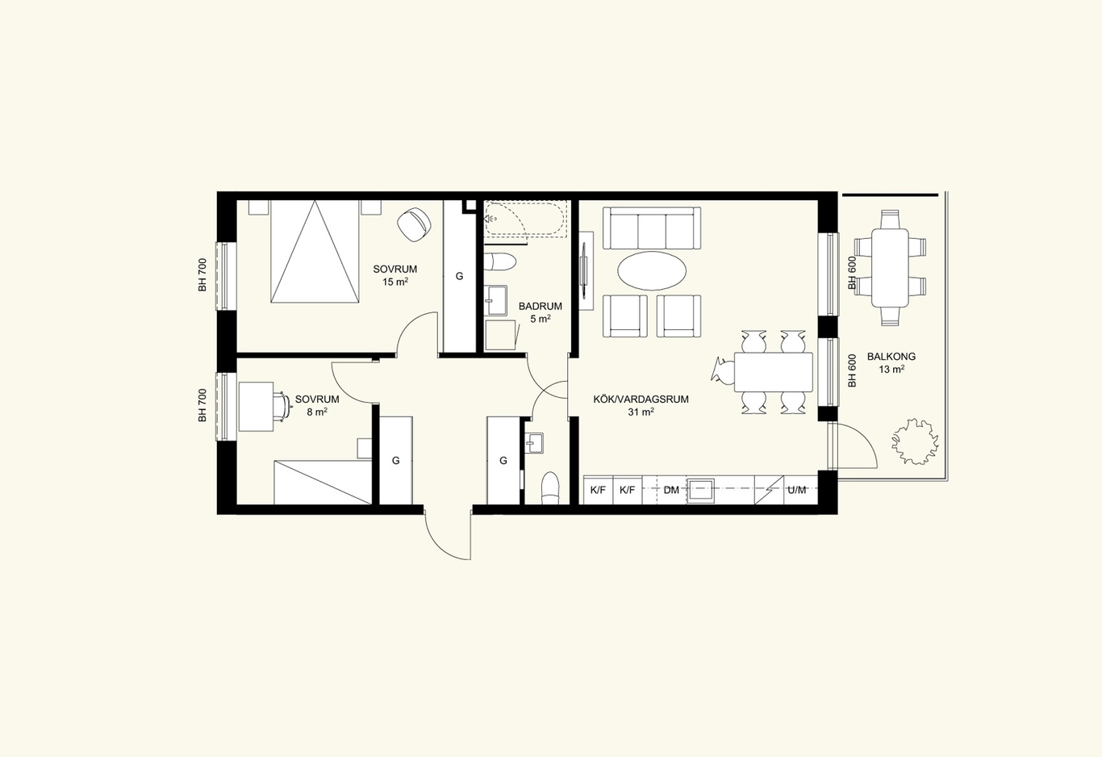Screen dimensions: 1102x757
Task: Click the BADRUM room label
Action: tap(541, 306)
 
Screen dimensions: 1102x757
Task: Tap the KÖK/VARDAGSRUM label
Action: tap(641, 399)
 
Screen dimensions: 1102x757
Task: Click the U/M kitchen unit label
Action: tap(797, 490)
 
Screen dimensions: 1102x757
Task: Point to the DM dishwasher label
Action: tap(671, 490)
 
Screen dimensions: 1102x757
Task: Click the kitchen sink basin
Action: tap(700, 491)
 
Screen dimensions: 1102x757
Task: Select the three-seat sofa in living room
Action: tap(652, 228)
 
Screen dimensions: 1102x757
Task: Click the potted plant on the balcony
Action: tap(915, 441)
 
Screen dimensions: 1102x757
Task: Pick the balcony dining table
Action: tap(890, 268)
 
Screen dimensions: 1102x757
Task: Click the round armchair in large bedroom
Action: tap(414, 225)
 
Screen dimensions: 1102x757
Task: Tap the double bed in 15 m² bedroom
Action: tap(315, 251)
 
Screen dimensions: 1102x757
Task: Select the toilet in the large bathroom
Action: tap(500, 261)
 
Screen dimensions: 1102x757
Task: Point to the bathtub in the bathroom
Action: tap(525, 219)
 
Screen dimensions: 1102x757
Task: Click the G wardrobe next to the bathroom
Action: tap(460, 276)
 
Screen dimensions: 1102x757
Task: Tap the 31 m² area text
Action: tap(641, 412)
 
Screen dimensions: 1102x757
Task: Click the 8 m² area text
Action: tap(317, 412)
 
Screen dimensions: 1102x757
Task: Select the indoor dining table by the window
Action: tap(774, 372)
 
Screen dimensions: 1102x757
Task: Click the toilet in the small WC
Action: tap(550, 488)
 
